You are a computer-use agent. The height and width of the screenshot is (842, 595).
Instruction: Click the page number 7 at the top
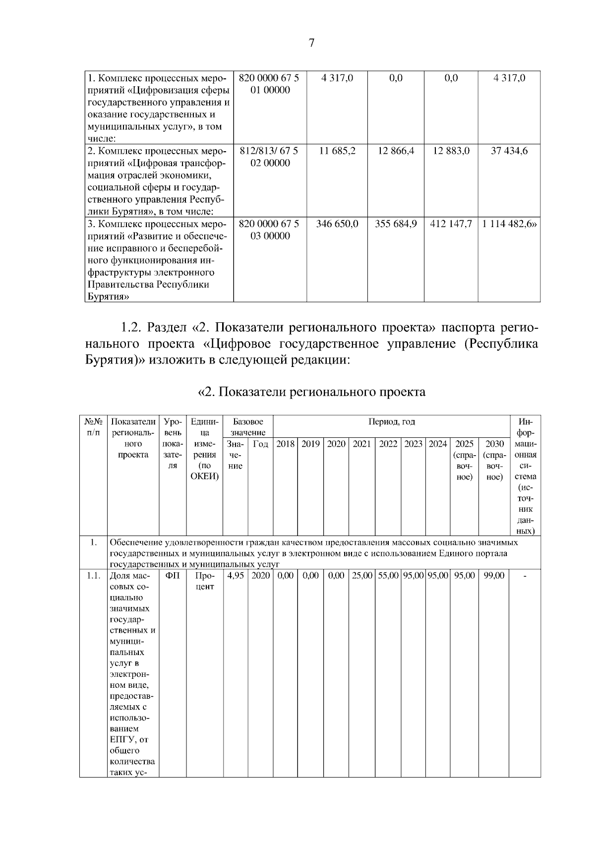click(x=311, y=43)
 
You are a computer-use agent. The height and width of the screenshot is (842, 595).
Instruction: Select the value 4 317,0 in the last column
click(x=509, y=78)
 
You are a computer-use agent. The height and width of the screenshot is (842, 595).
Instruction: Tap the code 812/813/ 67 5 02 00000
click(x=270, y=157)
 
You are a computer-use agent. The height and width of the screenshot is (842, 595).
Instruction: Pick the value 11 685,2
click(x=337, y=151)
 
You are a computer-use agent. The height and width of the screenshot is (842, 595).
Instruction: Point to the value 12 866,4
click(x=396, y=151)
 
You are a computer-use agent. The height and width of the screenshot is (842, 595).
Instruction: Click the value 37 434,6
click(x=509, y=151)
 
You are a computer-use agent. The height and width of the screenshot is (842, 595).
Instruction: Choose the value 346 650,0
click(x=337, y=224)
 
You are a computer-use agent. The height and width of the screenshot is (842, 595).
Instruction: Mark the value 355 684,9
click(x=396, y=224)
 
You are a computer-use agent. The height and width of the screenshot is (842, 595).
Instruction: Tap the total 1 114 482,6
click(x=509, y=224)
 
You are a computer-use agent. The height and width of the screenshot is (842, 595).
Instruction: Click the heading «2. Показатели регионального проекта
click(x=311, y=392)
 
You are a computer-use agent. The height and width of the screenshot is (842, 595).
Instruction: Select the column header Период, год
click(x=391, y=422)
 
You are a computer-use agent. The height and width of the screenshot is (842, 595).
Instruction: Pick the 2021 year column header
click(x=361, y=444)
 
